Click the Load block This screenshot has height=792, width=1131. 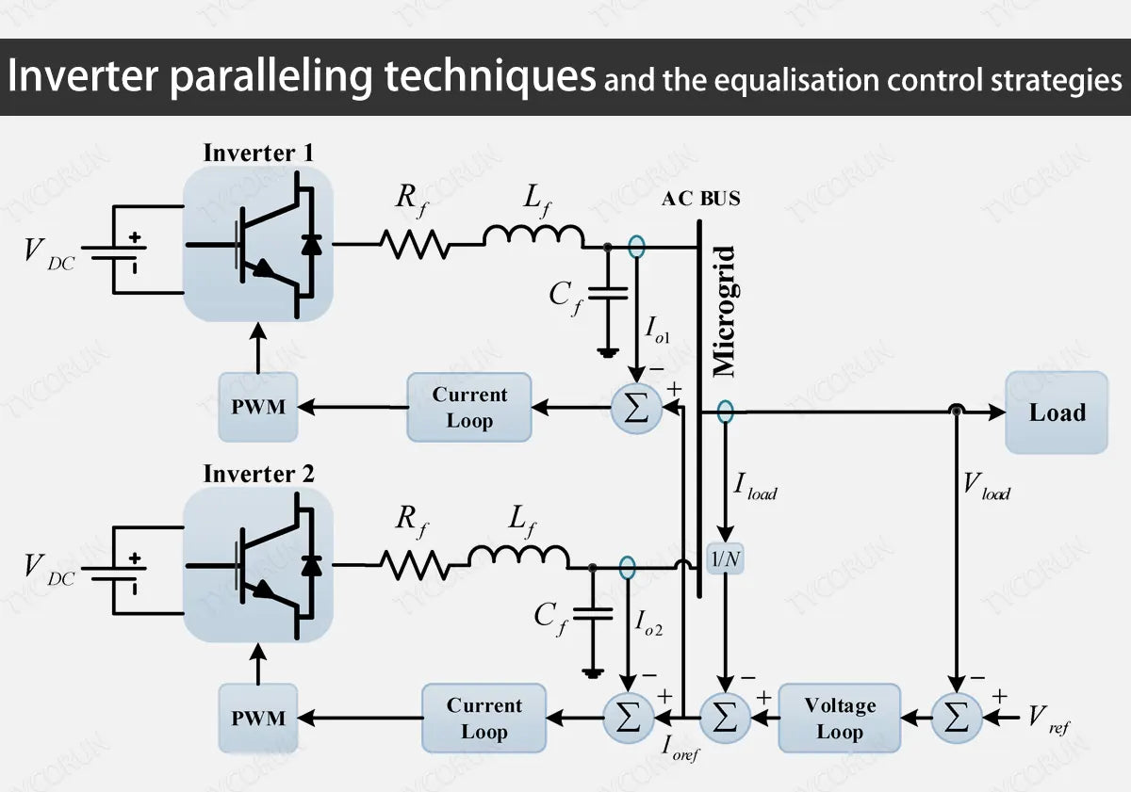coord(1056,412)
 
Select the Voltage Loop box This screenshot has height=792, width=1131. coord(839,719)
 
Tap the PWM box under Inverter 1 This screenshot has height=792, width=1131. coord(258,408)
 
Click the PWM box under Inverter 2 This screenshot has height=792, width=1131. coord(258,719)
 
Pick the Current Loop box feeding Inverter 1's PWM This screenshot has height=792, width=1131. coord(469,408)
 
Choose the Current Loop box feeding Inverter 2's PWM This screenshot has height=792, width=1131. coord(484,719)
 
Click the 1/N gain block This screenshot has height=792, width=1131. coord(726,559)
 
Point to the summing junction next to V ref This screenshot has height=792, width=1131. coord(956,719)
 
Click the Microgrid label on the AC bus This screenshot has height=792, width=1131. coord(724,311)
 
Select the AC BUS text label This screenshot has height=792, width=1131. coord(700,199)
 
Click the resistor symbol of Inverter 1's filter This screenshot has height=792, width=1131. coord(415,244)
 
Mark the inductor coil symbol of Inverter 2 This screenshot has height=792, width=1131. coord(518,558)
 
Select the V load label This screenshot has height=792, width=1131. coord(986,487)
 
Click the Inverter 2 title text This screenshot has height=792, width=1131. coord(258,474)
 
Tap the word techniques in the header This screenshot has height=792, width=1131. coord(489,77)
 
